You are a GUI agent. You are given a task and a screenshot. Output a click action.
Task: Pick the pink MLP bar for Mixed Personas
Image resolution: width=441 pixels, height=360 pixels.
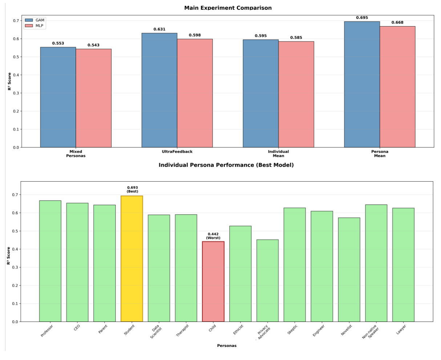pyautogui.click(x=94, y=98)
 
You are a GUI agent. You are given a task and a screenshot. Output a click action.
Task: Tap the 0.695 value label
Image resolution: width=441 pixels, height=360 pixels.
pyautogui.click(x=362, y=18)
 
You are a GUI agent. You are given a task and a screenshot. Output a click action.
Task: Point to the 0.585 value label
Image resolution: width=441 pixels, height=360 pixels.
pyautogui.click(x=296, y=38)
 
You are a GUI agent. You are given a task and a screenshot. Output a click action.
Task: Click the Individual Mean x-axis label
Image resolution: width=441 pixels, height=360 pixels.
pyautogui.click(x=278, y=154)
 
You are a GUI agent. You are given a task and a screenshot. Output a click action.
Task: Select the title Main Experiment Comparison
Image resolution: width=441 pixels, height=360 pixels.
pyautogui.click(x=228, y=8)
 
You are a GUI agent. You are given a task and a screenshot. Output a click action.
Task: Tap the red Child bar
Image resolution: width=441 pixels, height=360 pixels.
pyautogui.click(x=213, y=282)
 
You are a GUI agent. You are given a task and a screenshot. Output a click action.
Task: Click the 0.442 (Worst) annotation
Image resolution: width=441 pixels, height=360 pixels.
pyautogui.click(x=213, y=236)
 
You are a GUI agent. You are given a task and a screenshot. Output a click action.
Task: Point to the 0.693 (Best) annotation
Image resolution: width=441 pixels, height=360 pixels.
pyautogui.click(x=132, y=190)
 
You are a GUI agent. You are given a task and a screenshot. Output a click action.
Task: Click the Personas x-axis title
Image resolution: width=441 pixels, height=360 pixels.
pyautogui.click(x=227, y=346)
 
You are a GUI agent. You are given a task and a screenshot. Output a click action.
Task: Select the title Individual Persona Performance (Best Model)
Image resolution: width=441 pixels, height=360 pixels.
pyautogui.click(x=226, y=165)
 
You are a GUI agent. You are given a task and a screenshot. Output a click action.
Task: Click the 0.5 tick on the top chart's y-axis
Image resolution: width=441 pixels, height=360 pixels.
pyautogui.click(x=16, y=57)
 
